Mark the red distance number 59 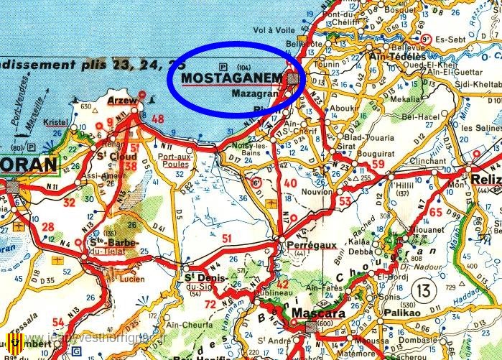[x=378, y=165]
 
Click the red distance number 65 [x=435, y=212]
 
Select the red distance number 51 [x=228, y=238]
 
